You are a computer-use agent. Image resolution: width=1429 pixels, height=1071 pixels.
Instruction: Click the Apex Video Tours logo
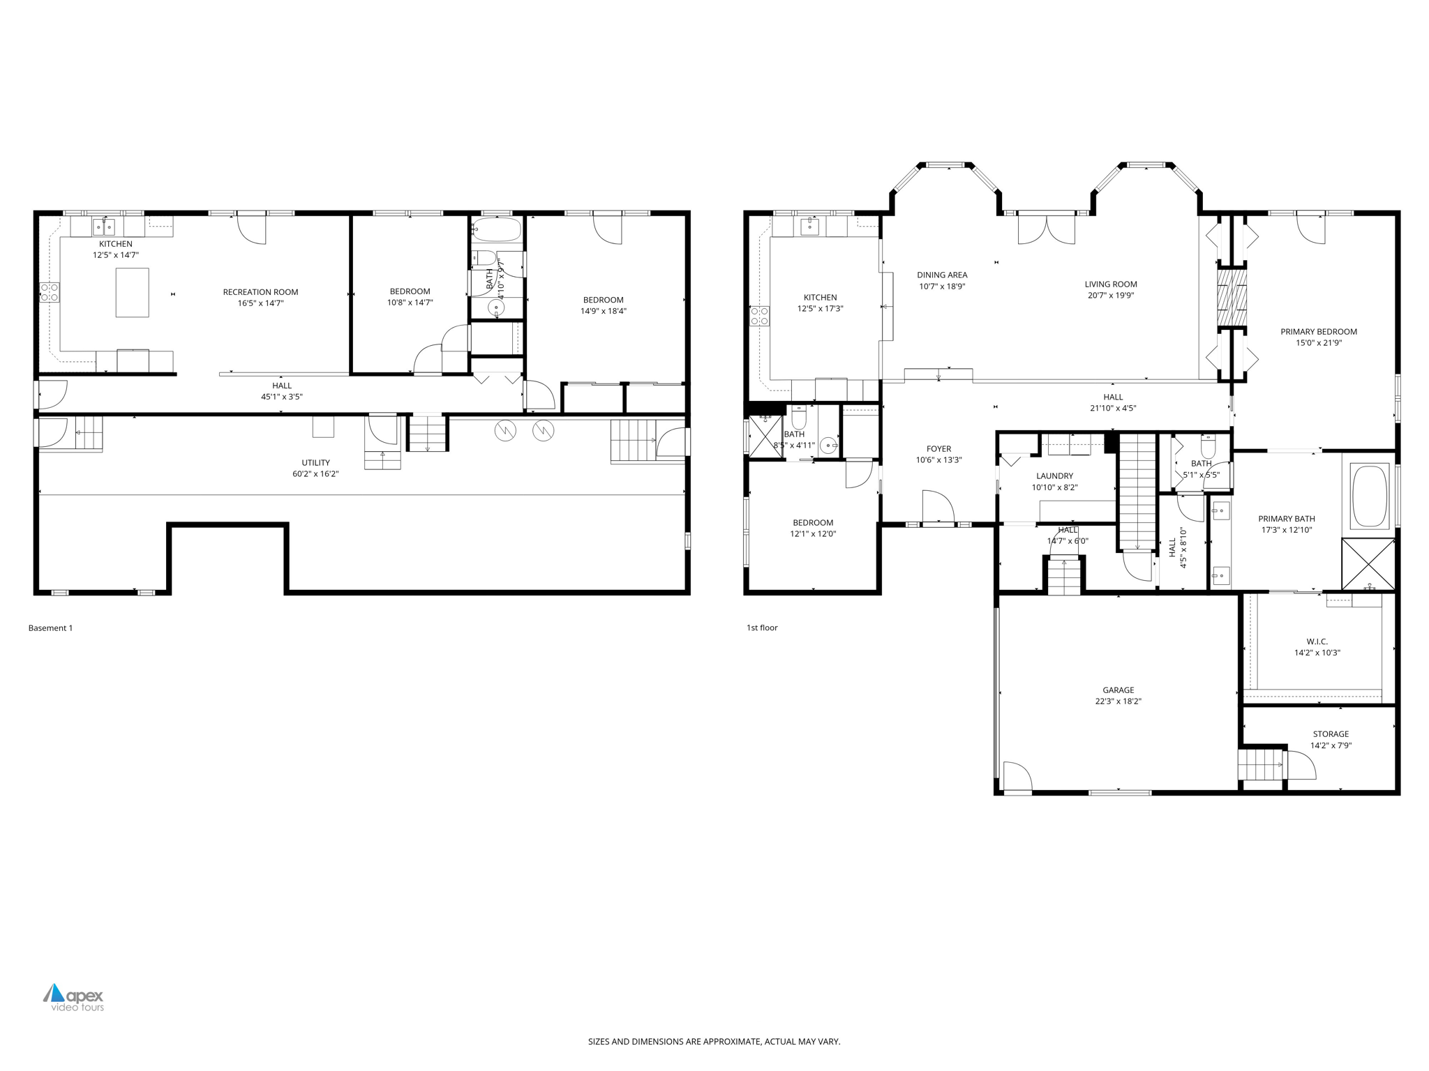click(x=74, y=997)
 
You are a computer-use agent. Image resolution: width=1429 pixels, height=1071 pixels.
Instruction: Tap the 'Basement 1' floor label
click(x=50, y=628)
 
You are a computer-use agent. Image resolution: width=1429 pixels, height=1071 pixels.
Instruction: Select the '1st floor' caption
click(x=762, y=628)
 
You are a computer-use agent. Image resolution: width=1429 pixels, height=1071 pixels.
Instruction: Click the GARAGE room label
click(x=1118, y=690)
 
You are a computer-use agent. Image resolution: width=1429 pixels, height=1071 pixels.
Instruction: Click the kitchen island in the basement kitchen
click(x=132, y=293)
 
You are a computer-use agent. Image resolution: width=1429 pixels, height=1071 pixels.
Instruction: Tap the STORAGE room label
click(x=1331, y=734)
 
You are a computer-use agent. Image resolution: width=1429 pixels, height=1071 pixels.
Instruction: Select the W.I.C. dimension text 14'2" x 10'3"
click(x=1317, y=653)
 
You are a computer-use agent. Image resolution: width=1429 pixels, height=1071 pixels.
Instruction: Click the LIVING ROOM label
click(x=1111, y=284)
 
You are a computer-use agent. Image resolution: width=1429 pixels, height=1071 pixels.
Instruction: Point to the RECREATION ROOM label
click(x=260, y=292)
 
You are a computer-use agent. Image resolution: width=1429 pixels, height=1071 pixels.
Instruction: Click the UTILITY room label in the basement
click(x=315, y=462)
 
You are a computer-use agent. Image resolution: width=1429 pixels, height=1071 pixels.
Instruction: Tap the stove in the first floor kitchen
click(x=760, y=316)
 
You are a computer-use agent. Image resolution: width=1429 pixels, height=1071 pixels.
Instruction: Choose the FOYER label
click(x=938, y=449)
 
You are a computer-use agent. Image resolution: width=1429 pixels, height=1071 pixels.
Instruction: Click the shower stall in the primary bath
click(x=1368, y=564)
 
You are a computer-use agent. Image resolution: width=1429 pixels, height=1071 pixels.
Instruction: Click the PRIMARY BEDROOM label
click(x=1318, y=332)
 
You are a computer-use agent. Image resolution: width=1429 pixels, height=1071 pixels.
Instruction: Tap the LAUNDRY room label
click(x=1054, y=476)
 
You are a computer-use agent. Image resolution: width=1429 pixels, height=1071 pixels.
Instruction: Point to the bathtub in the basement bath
click(x=496, y=229)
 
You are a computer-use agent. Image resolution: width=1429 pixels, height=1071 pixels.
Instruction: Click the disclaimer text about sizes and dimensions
click(x=714, y=1042)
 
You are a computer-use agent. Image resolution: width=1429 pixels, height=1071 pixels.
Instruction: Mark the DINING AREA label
click(x=942, y=275)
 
